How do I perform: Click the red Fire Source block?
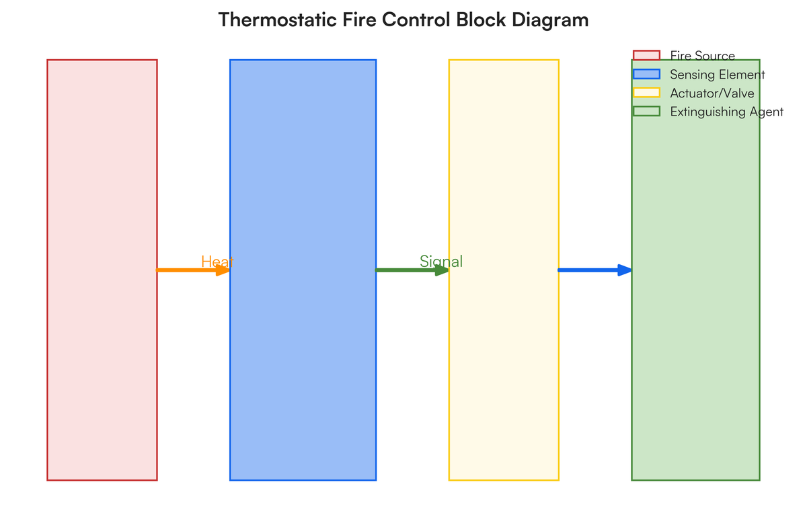pyautogui.click(x=102, y=269)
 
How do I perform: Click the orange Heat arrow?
pyautogui.click(x=188, y=270)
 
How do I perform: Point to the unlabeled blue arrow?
pyautogui.click(x=588, y=270)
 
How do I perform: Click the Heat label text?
pyautogui.click(x=217, y=262)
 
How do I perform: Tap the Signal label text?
pyautogui.click(x=441, y=262)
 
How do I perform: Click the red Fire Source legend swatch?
pyautogui.click(x=646, y=56)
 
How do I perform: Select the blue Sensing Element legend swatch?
pyautogui.click(x=646, y=75)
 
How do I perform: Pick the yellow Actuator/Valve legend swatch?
pyautogui.click(x=646, y=93)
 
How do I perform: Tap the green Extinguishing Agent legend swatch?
pyautogui.click(x=646, y=112)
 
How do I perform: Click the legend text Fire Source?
pyautogui.click(x=702, y=56)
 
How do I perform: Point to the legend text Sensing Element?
pyautogui.click(x=717, y=75)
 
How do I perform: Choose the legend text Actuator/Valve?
pyautogui.click(x=712, y=93)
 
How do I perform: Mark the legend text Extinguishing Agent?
pyautogui.click(x=726, y=112)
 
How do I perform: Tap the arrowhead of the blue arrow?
pyautogui.click(x=625, y=270)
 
